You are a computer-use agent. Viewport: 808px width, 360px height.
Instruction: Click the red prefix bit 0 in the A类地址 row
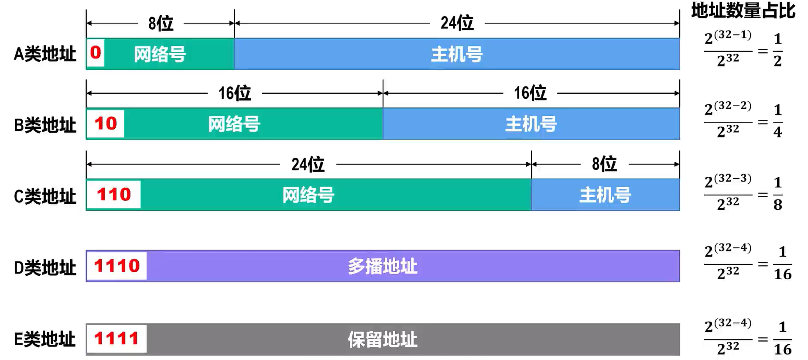[x=96, y=53]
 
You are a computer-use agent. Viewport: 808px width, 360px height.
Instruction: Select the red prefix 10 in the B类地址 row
[x=106, y=123]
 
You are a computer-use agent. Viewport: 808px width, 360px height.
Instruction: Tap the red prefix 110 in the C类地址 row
[x=113, y=195]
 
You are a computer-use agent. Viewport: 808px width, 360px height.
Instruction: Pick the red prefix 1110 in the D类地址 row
[x=117, y=266]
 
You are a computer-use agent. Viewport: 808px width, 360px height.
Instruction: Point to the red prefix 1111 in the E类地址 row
[x=116, y=338]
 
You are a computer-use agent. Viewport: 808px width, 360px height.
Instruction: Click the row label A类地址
[x=45, y=54]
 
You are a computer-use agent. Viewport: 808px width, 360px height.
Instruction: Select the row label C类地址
[x=45, y=196]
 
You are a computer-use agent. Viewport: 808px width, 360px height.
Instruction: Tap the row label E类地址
[x=45, y=339]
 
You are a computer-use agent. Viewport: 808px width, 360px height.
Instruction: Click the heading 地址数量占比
[x=743, y=10]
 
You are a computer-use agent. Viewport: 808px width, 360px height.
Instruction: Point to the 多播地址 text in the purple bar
[x=383, y=266]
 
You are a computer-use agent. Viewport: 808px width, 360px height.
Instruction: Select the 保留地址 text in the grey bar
[x=383, y=339]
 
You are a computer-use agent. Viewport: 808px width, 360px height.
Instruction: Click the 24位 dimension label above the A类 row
[x=457, y=23]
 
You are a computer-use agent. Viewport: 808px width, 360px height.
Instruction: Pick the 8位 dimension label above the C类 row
[x=604, y=164]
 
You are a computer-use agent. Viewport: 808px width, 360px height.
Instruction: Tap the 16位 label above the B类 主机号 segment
[x=530, y=93]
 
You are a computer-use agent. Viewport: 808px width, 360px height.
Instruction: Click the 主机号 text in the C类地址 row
[x=605, y=195]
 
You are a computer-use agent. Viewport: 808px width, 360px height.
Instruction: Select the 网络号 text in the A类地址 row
[x=160, y=55]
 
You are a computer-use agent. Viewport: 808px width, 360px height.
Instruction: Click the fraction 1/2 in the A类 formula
[x=777, y=50]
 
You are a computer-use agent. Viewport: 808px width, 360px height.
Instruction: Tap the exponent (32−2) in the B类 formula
[x=733, y=106]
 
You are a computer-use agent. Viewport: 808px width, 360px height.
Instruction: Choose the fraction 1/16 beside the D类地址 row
[x=783, y=263]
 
